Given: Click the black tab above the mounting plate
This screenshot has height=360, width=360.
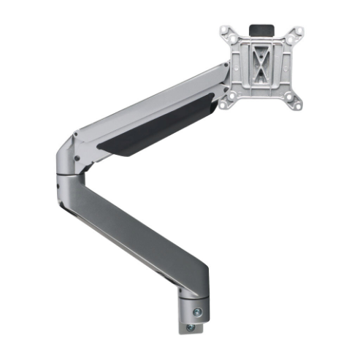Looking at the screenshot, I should [x=260, y=29].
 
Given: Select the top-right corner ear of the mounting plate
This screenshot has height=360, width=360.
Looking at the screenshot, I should [x=297, y=34].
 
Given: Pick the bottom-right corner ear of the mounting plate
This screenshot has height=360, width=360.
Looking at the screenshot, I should [x=298, y=104].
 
